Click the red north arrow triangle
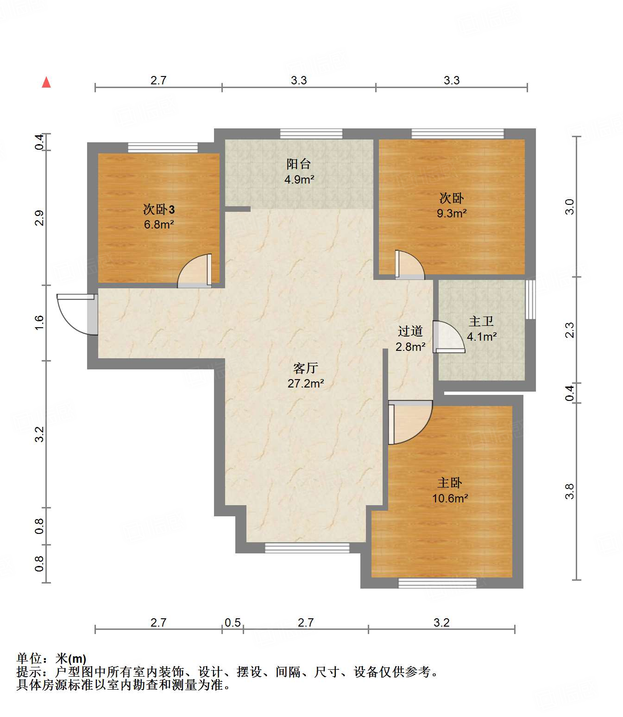46,83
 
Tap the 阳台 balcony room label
298,164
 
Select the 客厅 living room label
305,368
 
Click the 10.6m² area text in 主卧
450,499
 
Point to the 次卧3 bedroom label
158,209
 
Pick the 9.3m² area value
452,214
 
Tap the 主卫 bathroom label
481,321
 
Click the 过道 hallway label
410,331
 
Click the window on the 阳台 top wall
311,134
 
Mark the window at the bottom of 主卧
437,583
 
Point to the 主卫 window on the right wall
530,299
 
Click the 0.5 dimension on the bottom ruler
233,622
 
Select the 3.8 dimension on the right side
569,491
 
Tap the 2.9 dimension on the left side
39,218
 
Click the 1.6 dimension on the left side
39,323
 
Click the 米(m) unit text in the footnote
71,659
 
